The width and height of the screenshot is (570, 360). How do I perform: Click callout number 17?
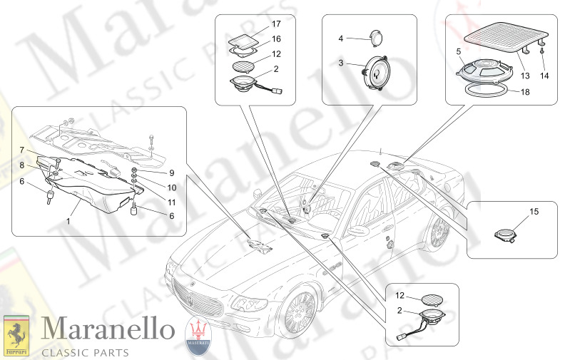276,24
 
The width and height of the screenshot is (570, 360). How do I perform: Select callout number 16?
276,39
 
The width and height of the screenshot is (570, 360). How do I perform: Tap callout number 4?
341,38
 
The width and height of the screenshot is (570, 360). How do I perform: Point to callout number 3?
341,63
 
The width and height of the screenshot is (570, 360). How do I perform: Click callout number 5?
458,51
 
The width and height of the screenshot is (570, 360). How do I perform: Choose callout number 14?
545,75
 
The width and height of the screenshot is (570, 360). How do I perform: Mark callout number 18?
524,92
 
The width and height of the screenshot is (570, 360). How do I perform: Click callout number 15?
534,212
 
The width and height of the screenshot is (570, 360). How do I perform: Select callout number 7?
22,150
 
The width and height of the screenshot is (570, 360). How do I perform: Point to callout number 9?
171,173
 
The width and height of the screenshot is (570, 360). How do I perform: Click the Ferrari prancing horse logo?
15,334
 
